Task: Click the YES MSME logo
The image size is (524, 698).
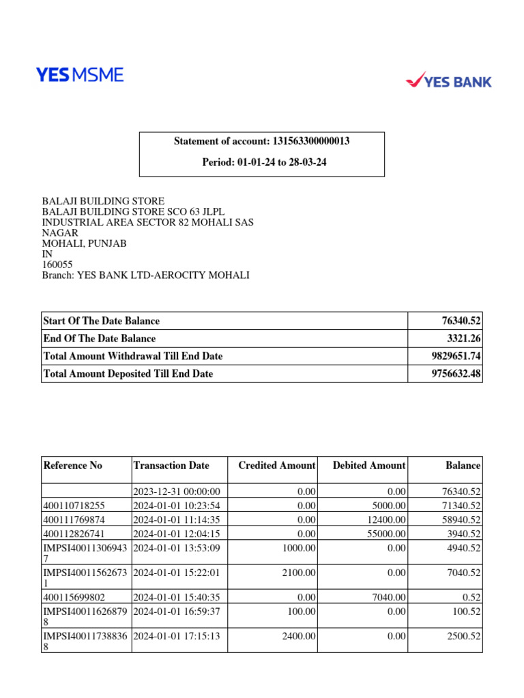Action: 80,75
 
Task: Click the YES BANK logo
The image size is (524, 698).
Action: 448,81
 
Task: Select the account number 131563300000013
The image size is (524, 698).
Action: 311,141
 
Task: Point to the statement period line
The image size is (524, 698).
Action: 263,162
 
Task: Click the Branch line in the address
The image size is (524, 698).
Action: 145,275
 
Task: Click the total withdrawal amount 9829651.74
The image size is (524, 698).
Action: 453,356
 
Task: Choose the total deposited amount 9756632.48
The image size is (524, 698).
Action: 453,374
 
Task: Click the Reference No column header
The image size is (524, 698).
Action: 72,466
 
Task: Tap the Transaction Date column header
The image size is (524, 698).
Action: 171,466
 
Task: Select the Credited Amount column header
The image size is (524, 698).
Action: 276,466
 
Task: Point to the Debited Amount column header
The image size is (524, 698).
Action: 368,466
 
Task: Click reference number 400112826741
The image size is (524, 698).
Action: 74,533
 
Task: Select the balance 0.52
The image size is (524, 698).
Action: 470,597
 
